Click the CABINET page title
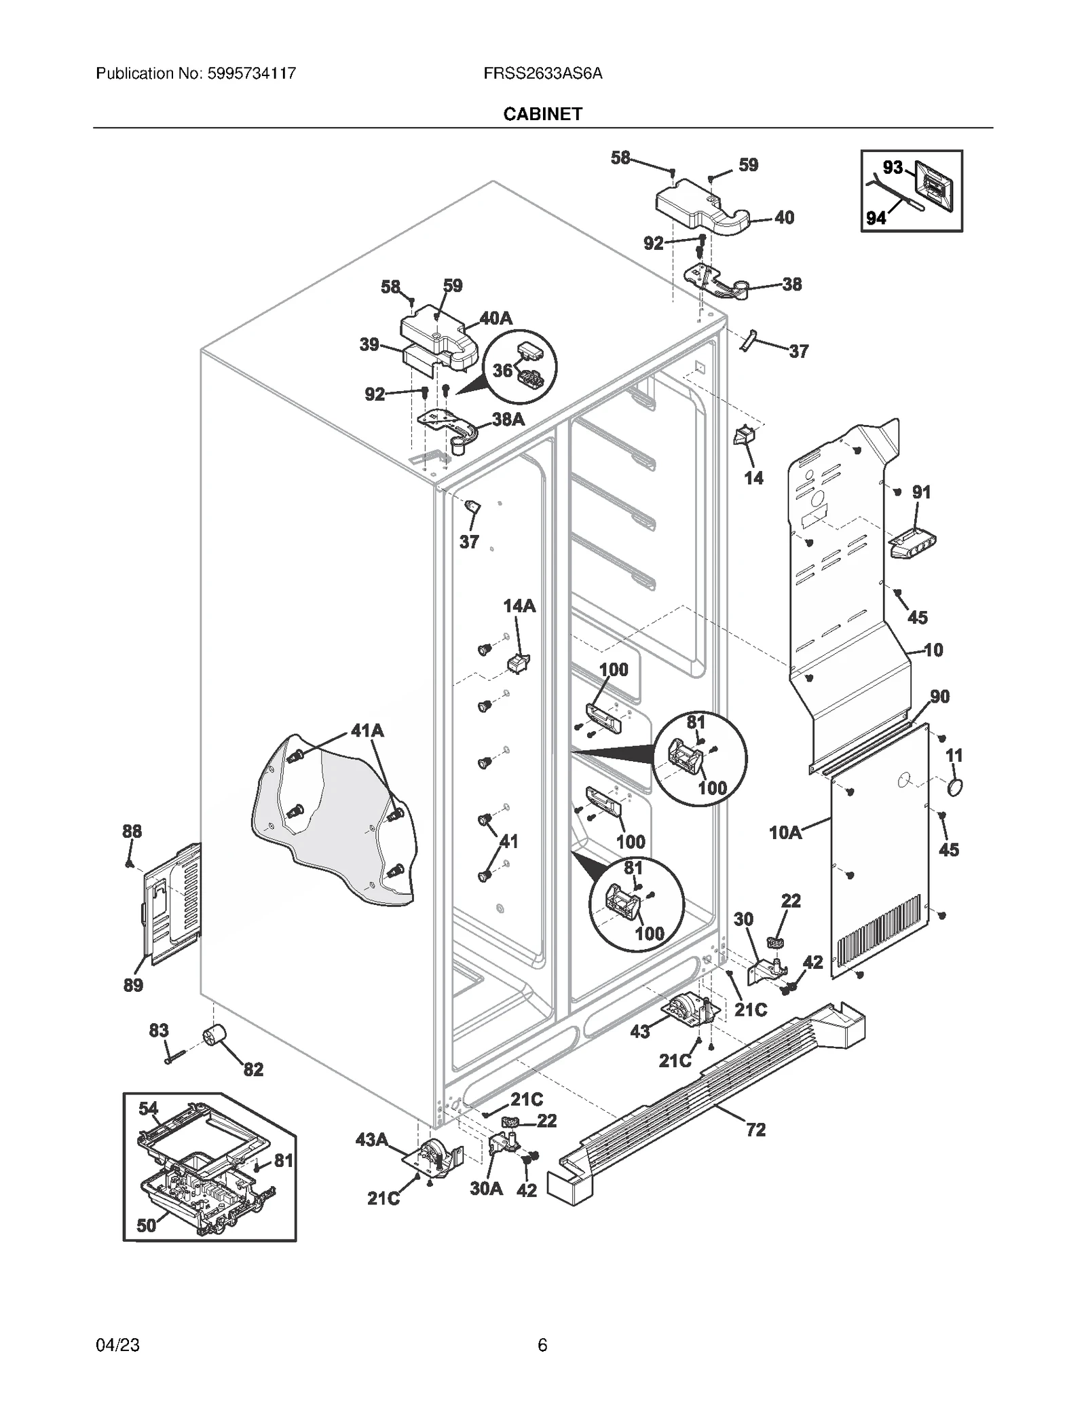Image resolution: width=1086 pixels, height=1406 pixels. pyautogui.click(x=542, y=114)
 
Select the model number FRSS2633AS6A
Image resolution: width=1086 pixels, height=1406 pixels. pyautogui.click(x=543, y=73)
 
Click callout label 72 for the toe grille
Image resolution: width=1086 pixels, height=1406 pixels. pyautogui.click(x=755, y=1130)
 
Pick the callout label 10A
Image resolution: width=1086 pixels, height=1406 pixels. pyautogui.click(x=785, y=832)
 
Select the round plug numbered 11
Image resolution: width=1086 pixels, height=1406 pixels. pyautogui.click(x=954, y=788)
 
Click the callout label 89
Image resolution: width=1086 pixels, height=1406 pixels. pyautogui.click(x=133, y=985)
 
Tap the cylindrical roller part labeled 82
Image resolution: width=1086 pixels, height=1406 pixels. pyautogui.click(x=214, y=1036)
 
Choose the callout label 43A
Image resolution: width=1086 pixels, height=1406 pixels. pyautogui.click(x=372, y=1140)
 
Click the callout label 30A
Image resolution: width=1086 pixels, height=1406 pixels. pyautogui.click(x=487, y=1189)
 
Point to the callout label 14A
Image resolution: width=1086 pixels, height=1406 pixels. pyautogui.click(x=519, y=606)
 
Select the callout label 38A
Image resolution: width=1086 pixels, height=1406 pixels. pyautogui.click(x=508, y=420)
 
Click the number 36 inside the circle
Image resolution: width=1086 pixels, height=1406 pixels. pyautogui.click(x=502, y=370)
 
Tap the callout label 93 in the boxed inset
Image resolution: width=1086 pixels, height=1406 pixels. pyautogui.click(x=893, y=167)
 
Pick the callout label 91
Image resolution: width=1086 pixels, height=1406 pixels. pyautogui.click(x=921, y=492)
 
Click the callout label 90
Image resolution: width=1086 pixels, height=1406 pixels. pyautogui.click(x=939, y=697)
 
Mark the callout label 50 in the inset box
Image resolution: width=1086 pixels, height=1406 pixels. pyautogui.click(x=147, y=1225)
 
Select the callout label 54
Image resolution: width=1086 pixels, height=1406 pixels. pyautogui.click(x=149, y=1109)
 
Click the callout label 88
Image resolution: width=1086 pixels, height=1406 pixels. pyautogui.click(x=132, y=831)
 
